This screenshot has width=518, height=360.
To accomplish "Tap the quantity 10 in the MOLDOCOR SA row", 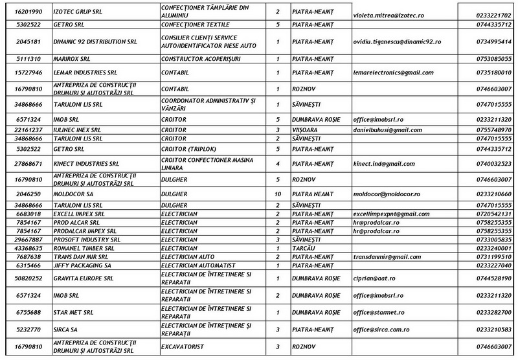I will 277,194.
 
